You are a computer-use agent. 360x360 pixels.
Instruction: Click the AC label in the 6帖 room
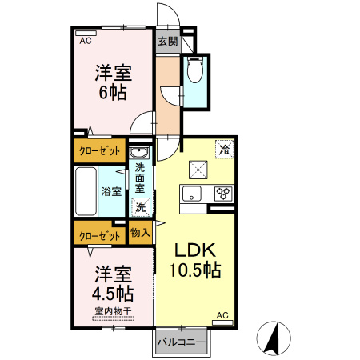point(84,38)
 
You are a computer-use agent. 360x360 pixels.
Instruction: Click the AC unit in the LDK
point(222,316)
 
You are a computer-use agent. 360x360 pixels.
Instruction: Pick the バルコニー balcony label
point(181,342)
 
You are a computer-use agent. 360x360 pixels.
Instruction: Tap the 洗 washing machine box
point(140,206)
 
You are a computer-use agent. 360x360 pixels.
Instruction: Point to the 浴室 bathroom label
point(111,191)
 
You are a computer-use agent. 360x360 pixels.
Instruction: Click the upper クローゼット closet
point(100,150)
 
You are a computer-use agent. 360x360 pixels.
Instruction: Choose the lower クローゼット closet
point(100,235)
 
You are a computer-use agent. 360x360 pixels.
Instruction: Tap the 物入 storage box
point(140,233)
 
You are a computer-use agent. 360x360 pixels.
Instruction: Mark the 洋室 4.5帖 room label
point(113,281)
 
